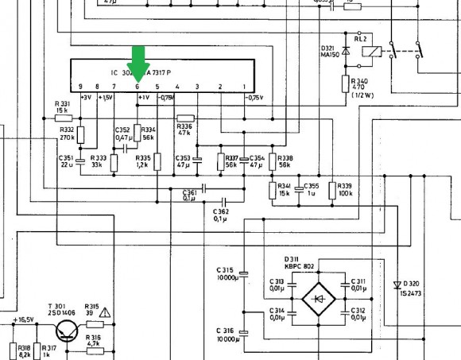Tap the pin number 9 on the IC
pos(80,86)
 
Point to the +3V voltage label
pos(87,98)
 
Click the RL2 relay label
pos(360,37)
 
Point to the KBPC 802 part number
pos(300,266)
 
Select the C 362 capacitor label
pos(220,211)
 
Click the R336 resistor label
pos(184,126)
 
